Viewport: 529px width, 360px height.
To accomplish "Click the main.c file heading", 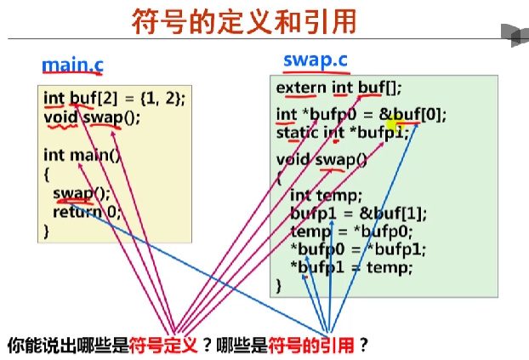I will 72,66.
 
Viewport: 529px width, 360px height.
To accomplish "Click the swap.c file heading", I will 315,61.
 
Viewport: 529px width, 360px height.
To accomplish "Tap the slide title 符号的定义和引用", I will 244,21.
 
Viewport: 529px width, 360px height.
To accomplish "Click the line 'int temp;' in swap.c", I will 326,195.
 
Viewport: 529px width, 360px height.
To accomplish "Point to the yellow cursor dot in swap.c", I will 393,125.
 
